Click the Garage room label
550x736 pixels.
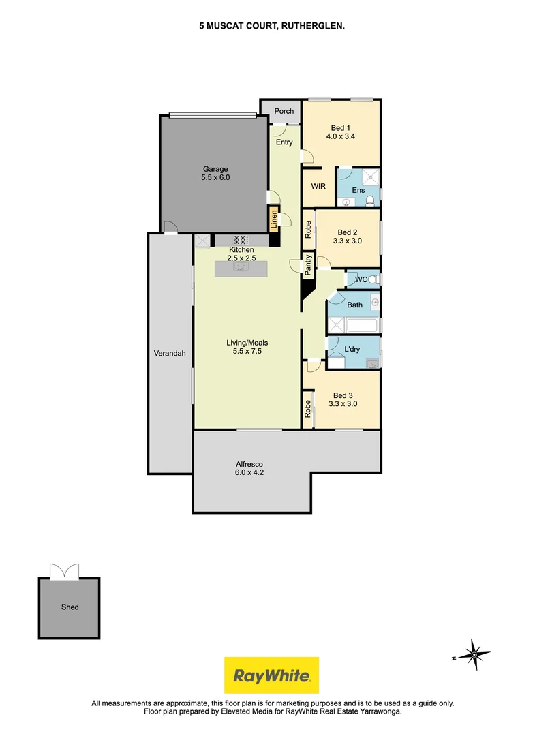click(214, 169)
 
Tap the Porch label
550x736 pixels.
click(284, 111)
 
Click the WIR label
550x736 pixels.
click(317, 185)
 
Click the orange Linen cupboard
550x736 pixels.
click(274, 219)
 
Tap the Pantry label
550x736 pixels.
click(308, 265)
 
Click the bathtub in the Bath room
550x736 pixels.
click(354, 326)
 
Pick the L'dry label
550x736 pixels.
click(352, 349)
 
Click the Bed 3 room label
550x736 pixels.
click(343, 395)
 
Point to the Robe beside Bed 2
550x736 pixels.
click(308, 228)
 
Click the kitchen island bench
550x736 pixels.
click(241, 268)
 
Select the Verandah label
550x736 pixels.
click(170, 353)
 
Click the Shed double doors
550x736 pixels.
click(64, 570)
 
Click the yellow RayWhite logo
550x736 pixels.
click(272, 675)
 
